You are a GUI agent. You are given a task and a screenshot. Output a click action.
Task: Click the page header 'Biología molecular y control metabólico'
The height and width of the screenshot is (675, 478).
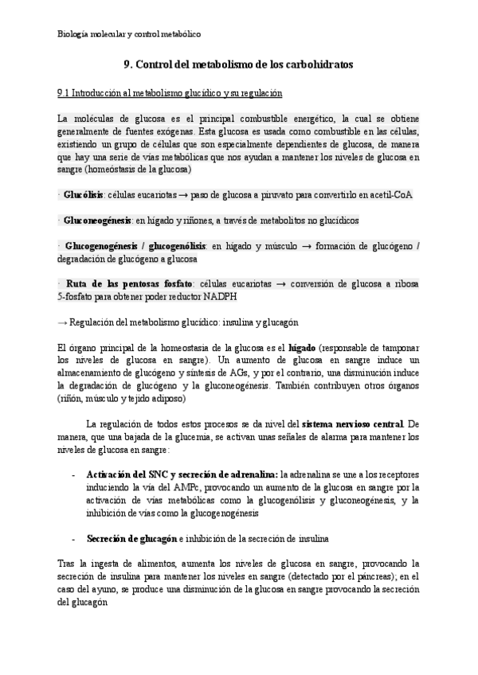129,35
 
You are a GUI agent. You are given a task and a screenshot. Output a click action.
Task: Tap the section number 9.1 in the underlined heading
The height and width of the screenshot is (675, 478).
65,93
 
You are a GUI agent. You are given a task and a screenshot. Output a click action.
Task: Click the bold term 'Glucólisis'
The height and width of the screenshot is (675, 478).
84,195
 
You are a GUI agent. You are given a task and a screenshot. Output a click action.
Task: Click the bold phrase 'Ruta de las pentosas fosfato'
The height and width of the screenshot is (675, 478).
129,283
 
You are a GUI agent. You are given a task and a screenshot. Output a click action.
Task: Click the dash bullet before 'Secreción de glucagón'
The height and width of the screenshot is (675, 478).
73,538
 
